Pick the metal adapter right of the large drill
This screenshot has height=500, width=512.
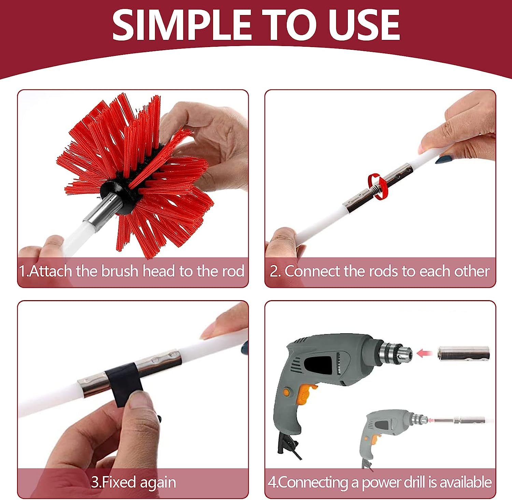pos(464,353)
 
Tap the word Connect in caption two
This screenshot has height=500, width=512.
pos(312,271)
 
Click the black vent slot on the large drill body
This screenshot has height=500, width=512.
pos(317,365)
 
